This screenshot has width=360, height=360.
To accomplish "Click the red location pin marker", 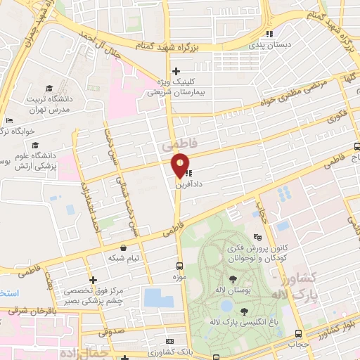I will [181, 165].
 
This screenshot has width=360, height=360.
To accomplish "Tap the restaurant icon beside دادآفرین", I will [190, 171].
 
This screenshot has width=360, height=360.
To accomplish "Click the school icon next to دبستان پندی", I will [268, 34].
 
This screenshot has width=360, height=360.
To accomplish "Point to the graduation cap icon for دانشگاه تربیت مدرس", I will [49, 88].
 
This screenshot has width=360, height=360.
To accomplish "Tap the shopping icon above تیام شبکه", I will [124, 247].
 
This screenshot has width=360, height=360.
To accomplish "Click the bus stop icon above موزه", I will [179, 266].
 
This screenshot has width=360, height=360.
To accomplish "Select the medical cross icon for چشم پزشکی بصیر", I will [93, 280].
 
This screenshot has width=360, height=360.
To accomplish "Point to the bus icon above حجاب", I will [299, 334].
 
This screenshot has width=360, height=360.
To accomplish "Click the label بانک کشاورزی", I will [167, 350].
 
